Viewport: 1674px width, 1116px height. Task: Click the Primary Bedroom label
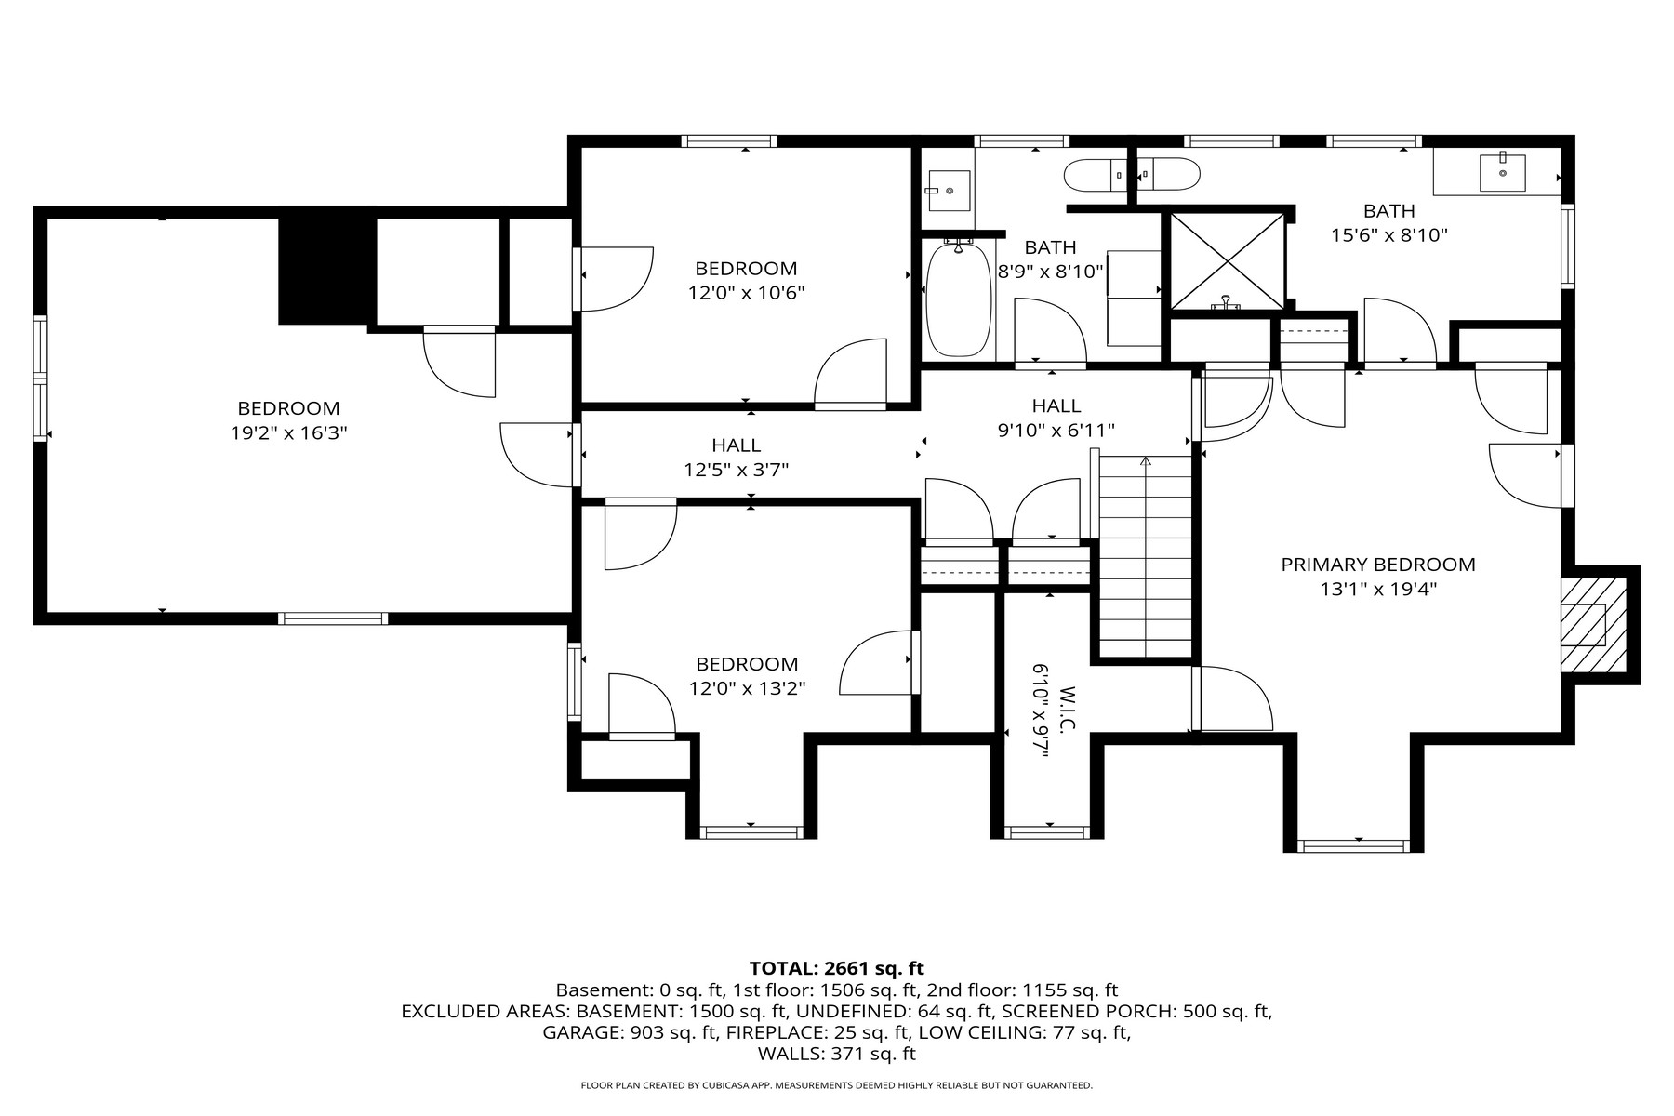[x=1378, y=565]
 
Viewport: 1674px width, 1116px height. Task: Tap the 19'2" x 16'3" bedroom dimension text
[x=288, y=432]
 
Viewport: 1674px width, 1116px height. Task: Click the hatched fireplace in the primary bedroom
[x=1593, y=624]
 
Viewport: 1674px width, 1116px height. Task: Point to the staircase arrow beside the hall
[x=1146, y=462]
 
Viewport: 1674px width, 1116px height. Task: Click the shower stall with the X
[x=1227, y=261]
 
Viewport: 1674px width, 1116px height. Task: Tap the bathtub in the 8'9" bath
[x=959, y=299]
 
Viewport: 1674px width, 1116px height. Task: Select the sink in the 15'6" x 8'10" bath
[x=1502, y=173]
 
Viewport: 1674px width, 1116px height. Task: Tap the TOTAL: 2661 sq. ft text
[x=836, y=968]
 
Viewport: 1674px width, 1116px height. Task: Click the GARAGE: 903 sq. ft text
[x=630, y=1032]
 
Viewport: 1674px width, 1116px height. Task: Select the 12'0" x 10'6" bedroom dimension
[x=746, y=293]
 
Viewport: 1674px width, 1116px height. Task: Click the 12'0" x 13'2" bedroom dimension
[x=747, y=688]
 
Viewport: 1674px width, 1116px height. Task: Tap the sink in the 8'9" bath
[x=948, y=191]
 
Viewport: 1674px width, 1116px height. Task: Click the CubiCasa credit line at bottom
[x=836, y=1085]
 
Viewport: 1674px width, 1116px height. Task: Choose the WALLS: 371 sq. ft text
[x=836, y=1054]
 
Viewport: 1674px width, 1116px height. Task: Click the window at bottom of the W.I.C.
[x=1049, y=831]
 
